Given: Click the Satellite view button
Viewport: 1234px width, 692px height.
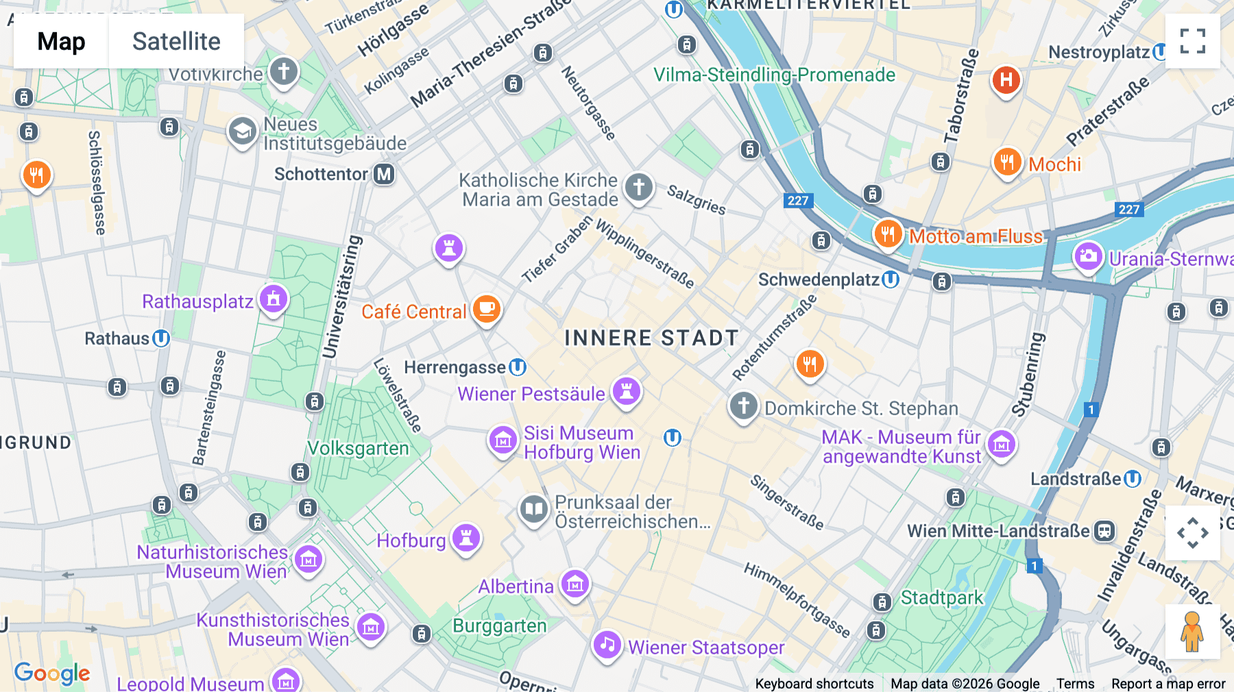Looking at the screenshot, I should [176, 41].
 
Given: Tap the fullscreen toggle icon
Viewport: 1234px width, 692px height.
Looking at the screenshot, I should [1192, 41].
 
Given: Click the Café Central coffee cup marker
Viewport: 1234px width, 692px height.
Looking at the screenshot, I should [487, 309].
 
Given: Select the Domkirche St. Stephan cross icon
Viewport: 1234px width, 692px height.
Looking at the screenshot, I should [743, 406].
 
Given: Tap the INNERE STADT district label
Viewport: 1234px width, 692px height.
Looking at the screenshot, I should [651, 338].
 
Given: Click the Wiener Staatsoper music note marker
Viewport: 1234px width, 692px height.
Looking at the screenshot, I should [607, 645].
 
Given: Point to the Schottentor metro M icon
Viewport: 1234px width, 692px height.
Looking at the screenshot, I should [385, 174].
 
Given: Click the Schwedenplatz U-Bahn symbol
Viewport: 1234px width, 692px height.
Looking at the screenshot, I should [891, 280].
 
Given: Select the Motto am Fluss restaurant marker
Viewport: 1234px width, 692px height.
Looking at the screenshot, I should [888, 234].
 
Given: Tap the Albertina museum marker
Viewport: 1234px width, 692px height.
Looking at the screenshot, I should [575, 584].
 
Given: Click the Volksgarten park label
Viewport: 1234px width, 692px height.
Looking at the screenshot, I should [358, 448].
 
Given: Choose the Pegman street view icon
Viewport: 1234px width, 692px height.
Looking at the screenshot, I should [1192, 631].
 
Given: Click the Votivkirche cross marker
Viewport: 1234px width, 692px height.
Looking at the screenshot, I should [283, 71].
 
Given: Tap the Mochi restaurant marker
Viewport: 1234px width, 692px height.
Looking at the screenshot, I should [1007, 162].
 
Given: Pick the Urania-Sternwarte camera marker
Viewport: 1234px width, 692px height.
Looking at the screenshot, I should [1088, 257].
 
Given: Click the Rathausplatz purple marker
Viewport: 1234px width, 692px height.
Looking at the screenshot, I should [273, 299].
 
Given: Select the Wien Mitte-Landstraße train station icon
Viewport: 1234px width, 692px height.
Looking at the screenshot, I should [1104, 531].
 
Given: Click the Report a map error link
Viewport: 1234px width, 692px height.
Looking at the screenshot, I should [1168, 684].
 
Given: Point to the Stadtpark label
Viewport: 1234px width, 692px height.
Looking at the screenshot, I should [941, 597].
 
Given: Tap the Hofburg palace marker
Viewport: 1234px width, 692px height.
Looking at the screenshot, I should [466, 538].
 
